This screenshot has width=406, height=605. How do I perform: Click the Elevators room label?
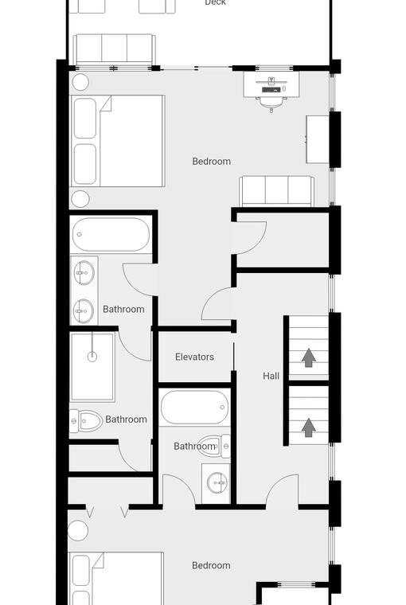pyautogui.click(x=194, y=357)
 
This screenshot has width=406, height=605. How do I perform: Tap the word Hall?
pyautogui.click(x=271, y=376)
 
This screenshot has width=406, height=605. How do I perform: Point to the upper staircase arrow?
pyautogui.click(x=308, y=357)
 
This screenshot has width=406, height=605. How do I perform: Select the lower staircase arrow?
pyautogui.click(x=308, y=428)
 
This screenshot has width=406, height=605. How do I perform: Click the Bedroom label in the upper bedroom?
pyautogui.click(x=212, y=162)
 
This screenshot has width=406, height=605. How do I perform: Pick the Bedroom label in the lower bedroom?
pyautogui.click(x=211, y=565)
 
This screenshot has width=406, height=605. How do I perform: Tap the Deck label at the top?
pyautogui.click(x=216, y=2)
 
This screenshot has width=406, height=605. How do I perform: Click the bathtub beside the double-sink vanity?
pyautogui.click(x=111, y=235)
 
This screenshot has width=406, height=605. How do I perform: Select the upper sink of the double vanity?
pyautogui.click(x=84, y=273)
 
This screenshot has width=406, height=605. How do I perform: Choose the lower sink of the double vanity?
pyautogui.click(x=84, y=311)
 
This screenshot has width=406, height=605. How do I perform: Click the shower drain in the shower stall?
pyautogui.click(x=92, y=357)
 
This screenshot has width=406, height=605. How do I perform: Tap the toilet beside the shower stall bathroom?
pyautogui.click(x=86, y=421)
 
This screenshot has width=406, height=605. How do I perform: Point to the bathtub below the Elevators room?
pyautogui.click(x=194, y=408)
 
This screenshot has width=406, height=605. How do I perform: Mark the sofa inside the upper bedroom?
pyautogui.click(x=276, y=191)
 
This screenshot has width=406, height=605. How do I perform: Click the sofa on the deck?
pyautogui.click(x=114, y=49)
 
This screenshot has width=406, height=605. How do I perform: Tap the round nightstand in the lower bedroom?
pyautogui.click(x=77, y=530)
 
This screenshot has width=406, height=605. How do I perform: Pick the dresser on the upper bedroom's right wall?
pyautogui.click(x=318, y=139)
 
